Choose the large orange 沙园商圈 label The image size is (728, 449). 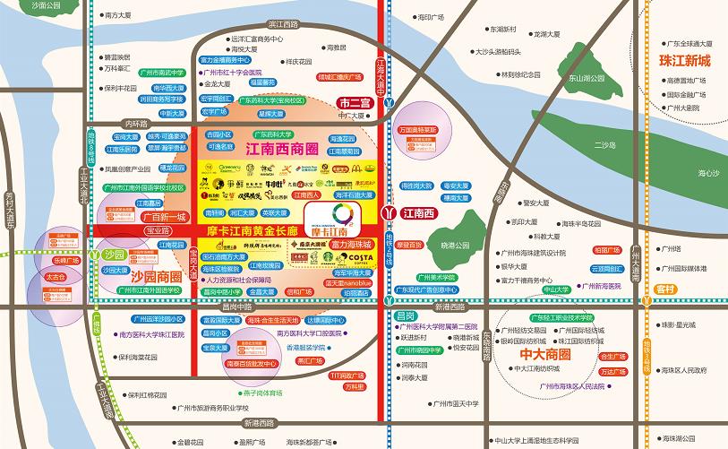pyautogui.click(x=156, y=278)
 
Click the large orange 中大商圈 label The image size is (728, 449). pyautogui.click(x=544, y=350)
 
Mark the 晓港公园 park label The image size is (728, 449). pyautogui.click(x=455, y=245)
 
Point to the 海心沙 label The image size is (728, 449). pyautogui.click(x=708, y=172)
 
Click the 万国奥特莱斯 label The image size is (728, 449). pyautogui.click(x=423, y=129)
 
